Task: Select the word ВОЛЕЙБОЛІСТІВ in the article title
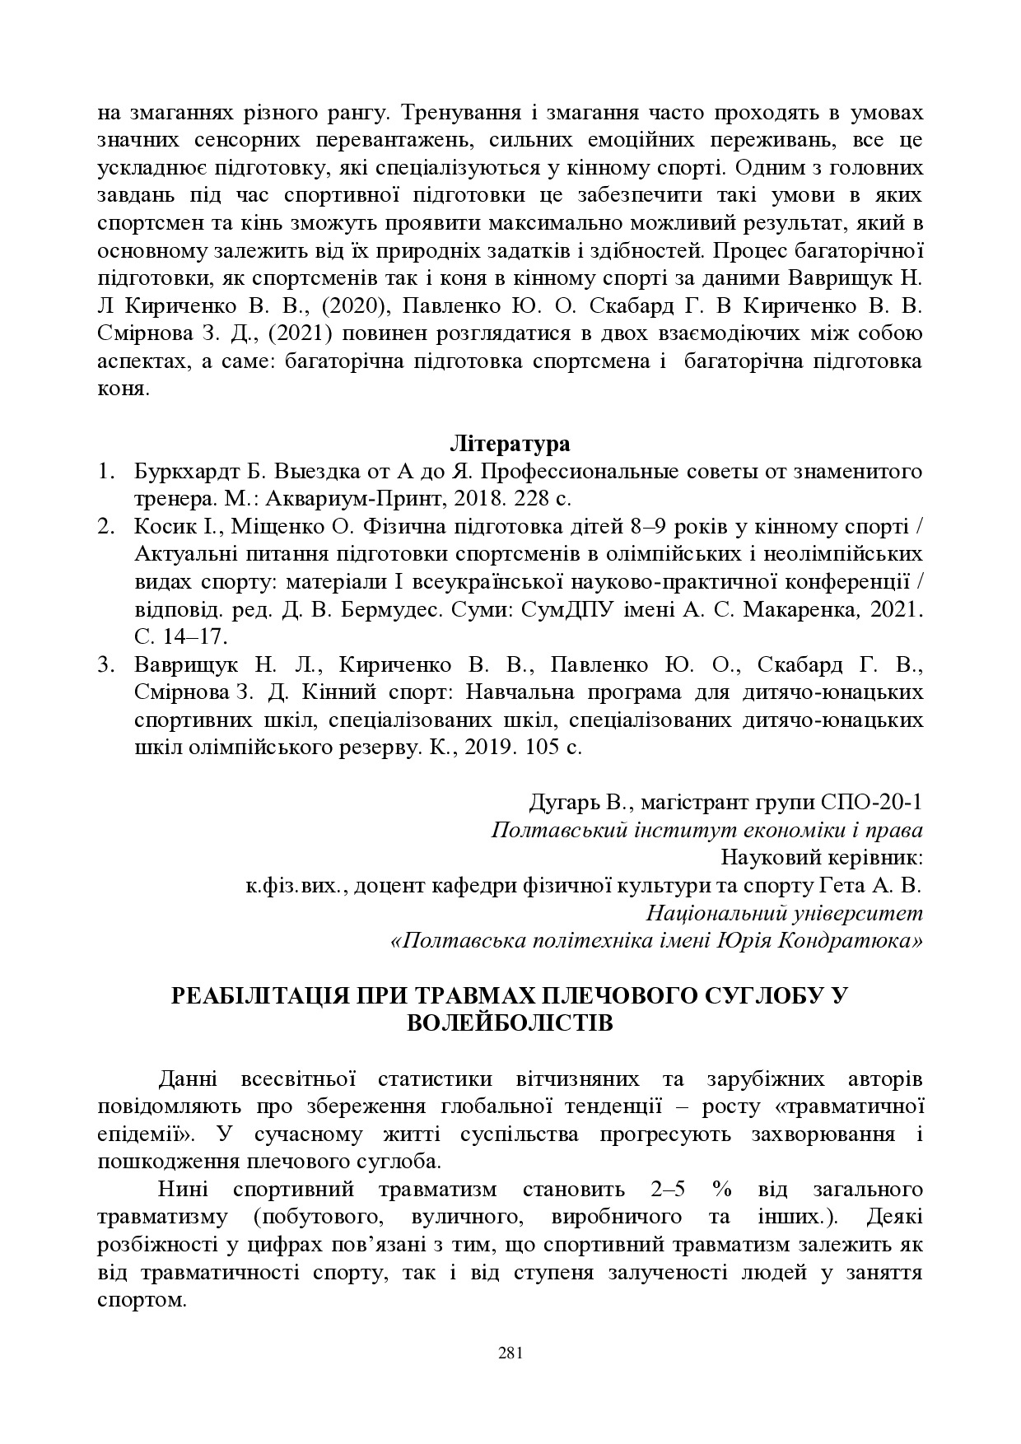(x=510, y=1023)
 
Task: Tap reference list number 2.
(x=105, y=527)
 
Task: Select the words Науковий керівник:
(x=821, y=857)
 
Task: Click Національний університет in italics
(x=784, y=913)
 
